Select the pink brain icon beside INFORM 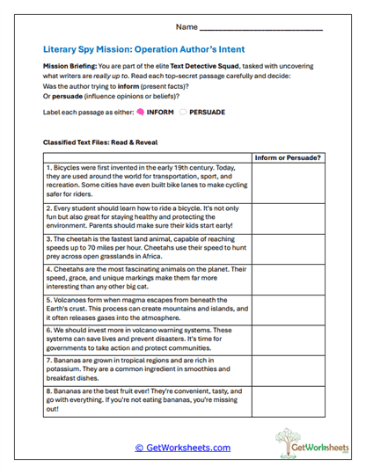tap(140, 113)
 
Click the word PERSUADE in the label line tap(208, 113)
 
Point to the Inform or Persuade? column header tap(287, 157)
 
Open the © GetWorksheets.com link tap(183, 448)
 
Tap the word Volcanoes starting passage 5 tap(69, 300)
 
